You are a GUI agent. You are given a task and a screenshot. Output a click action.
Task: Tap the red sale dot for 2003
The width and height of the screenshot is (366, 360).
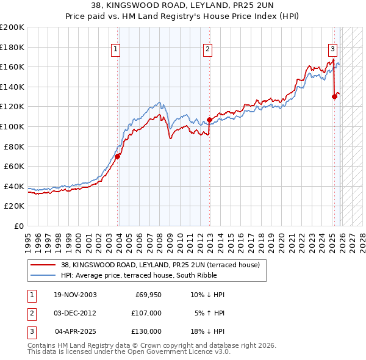[x=118, y=156]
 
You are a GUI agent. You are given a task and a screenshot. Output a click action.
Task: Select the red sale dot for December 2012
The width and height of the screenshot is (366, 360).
[x=209, y=120]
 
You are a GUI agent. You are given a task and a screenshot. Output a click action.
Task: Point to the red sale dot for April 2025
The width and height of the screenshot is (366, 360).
[x=334, y=96]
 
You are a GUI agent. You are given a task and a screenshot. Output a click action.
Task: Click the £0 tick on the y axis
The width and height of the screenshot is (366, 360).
[x=18, y=226]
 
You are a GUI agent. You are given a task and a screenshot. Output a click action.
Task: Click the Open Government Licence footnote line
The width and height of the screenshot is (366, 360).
[x=129, y=352]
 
